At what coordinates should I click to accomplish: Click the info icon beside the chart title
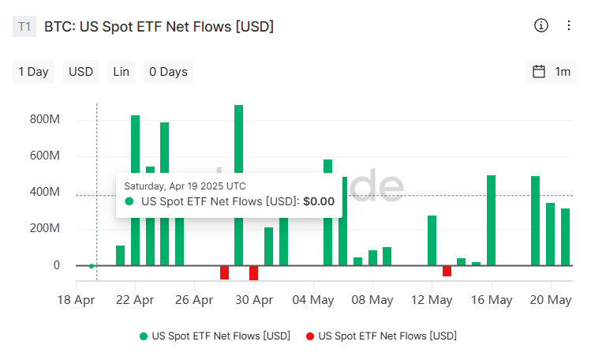(x=541, y=25)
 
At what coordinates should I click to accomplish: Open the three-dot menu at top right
(x=569, y=25)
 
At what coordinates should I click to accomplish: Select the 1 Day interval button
(x=33, y=72)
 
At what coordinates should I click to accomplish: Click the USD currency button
(x=80, y=72)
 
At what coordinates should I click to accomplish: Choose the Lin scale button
(x=121, y=72)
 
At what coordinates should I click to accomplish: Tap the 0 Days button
(x=168, y=72)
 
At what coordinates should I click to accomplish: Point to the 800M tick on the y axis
(x=45, y=120)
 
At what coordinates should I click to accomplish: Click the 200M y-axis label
(x=45, y=229)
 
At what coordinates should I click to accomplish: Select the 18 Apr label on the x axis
(x=76, y=300)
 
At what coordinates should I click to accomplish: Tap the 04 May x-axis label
(x=312, y=300)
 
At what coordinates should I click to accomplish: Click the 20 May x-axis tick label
(x=550, y=300)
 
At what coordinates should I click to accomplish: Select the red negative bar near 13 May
(x=447, y=271)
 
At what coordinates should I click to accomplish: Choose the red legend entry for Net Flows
(x=380, y=336)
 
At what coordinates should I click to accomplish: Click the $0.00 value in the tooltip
(x=318, y=201)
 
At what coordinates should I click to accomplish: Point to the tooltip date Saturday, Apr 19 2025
(x=185, y=186)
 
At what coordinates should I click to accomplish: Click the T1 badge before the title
(x=24, y=27)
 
